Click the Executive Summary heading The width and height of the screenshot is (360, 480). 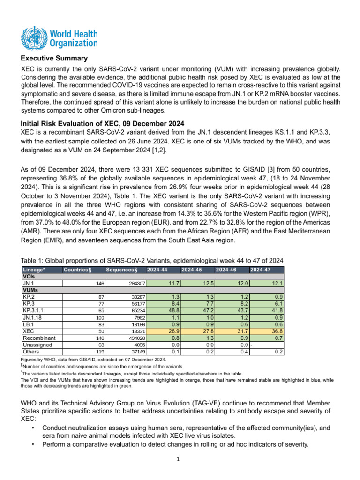pos(54,59)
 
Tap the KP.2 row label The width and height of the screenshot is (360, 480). pos(29,297)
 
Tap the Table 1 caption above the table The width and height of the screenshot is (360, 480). pos(152,260)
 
